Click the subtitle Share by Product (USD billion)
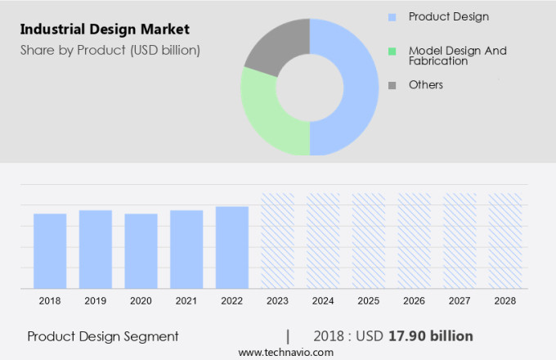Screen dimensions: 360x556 pos(110,50)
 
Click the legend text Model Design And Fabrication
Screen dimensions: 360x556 pos(457,56)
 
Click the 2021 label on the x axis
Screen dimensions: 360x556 pos(186,301)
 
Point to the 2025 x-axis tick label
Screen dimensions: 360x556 pos(368,301)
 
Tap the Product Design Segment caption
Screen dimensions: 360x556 pos(103,336)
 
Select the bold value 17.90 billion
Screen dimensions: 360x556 pos(431,336)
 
